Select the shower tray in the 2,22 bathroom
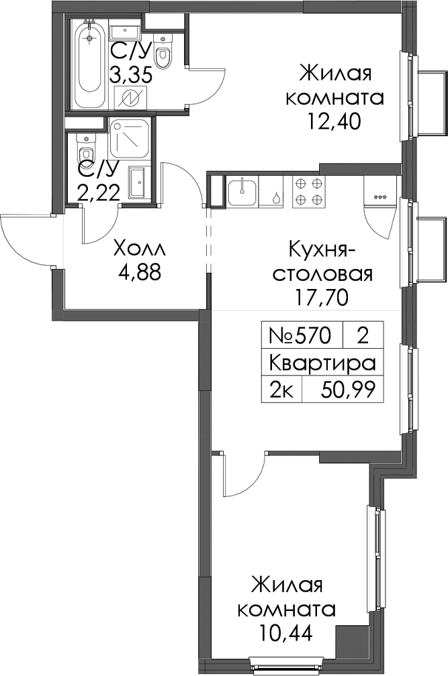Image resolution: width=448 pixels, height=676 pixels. coord(130,139)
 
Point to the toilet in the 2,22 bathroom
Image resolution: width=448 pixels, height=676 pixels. coord(87,149)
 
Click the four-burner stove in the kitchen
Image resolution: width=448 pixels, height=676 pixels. coord(308,191)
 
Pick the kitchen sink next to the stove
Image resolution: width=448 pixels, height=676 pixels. coord(242,192)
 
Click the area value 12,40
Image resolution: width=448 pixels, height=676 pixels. coord(334,122)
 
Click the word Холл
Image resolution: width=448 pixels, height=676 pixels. coord(140,249)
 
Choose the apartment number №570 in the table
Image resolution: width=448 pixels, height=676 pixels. coord(300,335)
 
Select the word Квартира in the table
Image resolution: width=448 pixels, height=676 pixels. coord(322,363)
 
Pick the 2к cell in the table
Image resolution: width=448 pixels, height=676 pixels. coord(282,390)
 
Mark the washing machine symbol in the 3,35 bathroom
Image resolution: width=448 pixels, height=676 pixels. coord(131,99)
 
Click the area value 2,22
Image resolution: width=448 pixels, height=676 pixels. coord(99,194)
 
